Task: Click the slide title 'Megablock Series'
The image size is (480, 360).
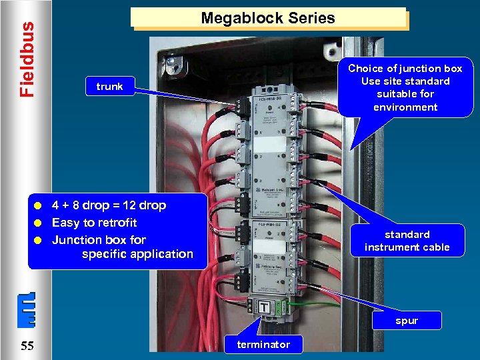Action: pos(268,18)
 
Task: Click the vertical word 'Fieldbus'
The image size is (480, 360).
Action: pos(26,59)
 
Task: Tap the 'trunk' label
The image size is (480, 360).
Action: pos(109,87)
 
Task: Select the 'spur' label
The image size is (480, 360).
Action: pos(406,321)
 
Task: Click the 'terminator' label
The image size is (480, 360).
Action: pos(263,344)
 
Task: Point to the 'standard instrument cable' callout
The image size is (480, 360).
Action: pos(407,241)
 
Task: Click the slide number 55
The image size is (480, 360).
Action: pos(27,345)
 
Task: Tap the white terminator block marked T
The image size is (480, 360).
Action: pos(264,307)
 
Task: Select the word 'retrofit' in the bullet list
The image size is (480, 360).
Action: pos(115,223)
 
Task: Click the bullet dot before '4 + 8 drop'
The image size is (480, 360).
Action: pos(40,206)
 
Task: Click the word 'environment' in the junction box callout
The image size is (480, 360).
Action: pos(405,107)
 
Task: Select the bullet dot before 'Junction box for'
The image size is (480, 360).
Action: pos(40,240)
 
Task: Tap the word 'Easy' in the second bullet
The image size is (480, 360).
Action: pos(66,223)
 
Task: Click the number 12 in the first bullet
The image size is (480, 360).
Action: pos(120,205)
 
